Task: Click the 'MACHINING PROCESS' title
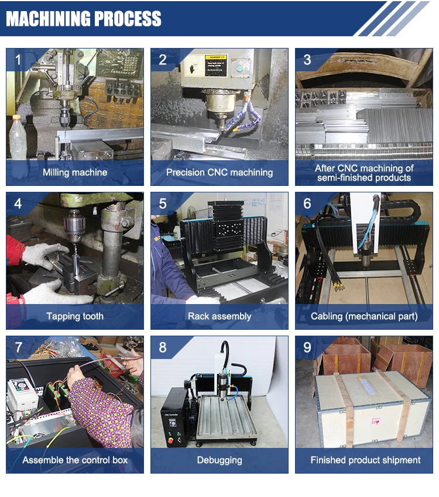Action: point(84,19)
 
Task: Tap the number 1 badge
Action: point(18,60)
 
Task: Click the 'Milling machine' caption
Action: point(75,172)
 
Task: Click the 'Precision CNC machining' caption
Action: point(220,172)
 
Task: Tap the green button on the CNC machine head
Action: point(238,67)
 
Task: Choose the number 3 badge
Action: point(307,60)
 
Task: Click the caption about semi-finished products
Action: point(364,172)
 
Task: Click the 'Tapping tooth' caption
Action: point(75,316)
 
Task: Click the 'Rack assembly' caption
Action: point(220,316)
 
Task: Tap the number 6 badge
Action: point(307,203)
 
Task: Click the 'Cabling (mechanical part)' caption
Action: point(364,316)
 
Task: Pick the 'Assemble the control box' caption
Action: point(75,460)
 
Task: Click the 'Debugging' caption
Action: point(220,460)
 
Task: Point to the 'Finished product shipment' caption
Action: point(364,460)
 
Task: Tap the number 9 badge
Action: point(307,348)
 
